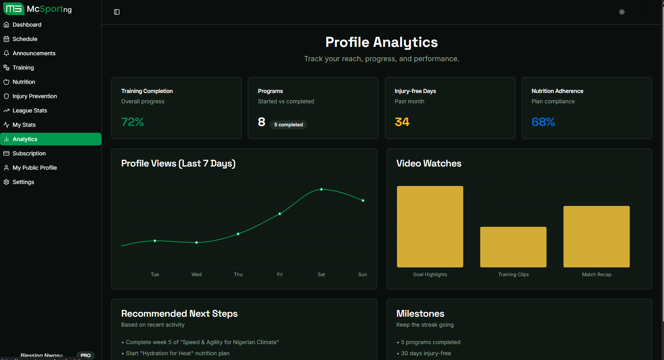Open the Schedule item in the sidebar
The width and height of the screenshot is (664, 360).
click(25, 39)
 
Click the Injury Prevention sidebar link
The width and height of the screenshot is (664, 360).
click(35, 96)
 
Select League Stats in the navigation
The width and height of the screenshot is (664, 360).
click(29, 110)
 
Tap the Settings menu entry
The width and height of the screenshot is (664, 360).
click(23, 182)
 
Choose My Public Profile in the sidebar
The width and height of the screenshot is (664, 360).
click(35, 168)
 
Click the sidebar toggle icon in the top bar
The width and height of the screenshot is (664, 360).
click(117, 12)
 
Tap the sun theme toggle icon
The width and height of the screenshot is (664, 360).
click(622, 12)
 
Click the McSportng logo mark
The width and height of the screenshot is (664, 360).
click(14, 9)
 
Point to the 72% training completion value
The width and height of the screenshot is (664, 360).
click(132, 122)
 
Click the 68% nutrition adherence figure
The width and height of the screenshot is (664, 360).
click(543, 122)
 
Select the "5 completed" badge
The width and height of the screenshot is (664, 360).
click(288, 125)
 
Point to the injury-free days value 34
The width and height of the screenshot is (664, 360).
click(402, 122)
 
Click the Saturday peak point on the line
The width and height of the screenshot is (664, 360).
click(321, 190)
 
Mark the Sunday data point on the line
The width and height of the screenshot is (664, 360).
click(363, 201)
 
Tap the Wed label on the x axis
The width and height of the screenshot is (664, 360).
click(196, 275)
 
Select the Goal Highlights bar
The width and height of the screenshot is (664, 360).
click(430, 226)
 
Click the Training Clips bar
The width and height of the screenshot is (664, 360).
click(513, 247)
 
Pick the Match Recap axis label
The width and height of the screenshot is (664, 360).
click(596, 275)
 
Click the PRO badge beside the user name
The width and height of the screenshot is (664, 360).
click(85, 355)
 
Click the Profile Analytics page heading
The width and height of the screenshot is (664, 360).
click(381, 42)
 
